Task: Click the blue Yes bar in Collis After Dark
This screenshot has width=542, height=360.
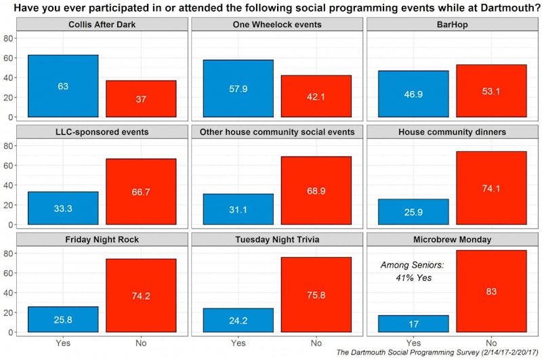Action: coord(63,85)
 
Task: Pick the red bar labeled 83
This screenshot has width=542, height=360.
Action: coord(492,292)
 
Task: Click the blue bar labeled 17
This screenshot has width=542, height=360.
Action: coord(413,324)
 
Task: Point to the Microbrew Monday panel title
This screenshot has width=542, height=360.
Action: coord(453,239)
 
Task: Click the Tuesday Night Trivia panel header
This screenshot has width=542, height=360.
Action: coord(277,239)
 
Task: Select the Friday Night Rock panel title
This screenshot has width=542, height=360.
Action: coord(102,239)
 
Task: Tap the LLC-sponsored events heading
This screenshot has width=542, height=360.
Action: coord(102,132)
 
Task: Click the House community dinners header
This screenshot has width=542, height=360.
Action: coord(453,132)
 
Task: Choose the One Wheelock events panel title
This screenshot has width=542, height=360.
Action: coord(277,24)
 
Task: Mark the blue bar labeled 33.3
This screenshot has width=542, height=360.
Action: coord(63,208)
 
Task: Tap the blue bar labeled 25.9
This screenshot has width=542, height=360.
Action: coord(413,212)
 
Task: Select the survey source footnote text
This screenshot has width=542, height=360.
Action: coord(438,353)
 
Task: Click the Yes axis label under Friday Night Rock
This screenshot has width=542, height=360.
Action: coord(63,343)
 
